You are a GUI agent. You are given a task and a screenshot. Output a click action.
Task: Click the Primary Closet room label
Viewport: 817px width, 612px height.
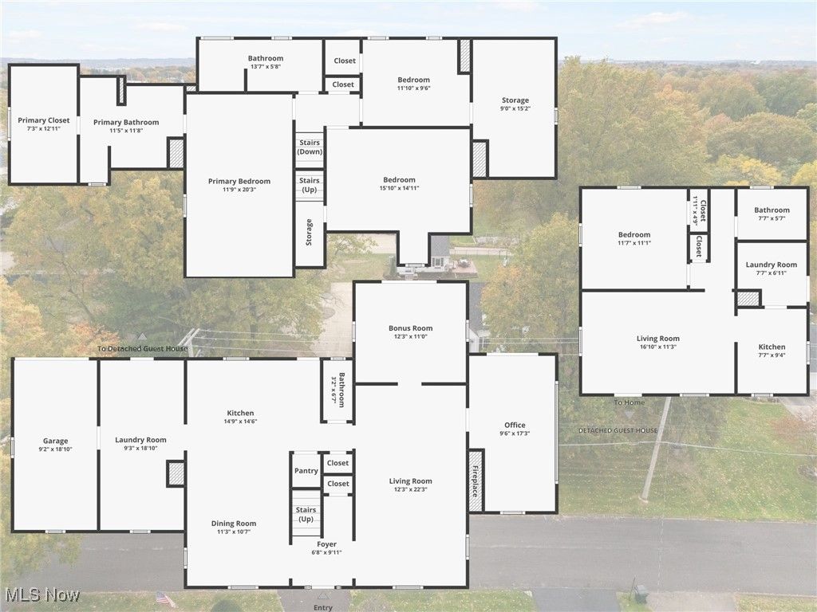(44, 120)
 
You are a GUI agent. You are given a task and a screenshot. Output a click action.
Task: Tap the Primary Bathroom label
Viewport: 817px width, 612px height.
(126, 122)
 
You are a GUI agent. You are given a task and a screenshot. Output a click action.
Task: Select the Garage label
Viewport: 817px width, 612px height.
(55, 441)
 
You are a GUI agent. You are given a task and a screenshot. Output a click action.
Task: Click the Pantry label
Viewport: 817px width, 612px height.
(306, 471)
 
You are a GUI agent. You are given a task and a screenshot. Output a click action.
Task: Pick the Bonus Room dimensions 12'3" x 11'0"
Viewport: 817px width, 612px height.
(411, 336)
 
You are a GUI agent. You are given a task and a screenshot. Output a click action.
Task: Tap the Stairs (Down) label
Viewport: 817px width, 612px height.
(310, 147)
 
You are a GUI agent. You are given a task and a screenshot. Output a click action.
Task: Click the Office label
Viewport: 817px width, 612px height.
(515, 425)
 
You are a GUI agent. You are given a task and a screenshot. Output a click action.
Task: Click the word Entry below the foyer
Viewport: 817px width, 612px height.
(323, 608)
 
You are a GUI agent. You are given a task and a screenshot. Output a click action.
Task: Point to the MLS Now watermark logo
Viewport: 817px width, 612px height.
(41, 595)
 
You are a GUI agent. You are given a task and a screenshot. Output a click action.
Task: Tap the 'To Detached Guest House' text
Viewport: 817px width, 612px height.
(143, 348)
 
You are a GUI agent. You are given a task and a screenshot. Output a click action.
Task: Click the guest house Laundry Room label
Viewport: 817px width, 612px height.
(772, 265)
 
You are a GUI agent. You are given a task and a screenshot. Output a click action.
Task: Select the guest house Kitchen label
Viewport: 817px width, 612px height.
(772, 347)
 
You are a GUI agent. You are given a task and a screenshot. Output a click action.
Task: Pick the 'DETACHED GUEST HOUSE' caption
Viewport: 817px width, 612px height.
(618, 430)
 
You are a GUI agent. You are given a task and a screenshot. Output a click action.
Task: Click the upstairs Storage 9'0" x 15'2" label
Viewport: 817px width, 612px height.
(515, 100)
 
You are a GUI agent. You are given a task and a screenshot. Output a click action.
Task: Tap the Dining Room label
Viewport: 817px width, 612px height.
(234, 524)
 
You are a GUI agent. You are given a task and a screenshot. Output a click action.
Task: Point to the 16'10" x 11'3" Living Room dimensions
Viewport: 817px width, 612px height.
(658, 347)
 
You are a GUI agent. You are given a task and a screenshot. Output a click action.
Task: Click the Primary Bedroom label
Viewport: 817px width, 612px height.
(239, 182)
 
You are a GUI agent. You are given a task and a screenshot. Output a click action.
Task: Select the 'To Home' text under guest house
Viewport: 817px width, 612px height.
(630, 402)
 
